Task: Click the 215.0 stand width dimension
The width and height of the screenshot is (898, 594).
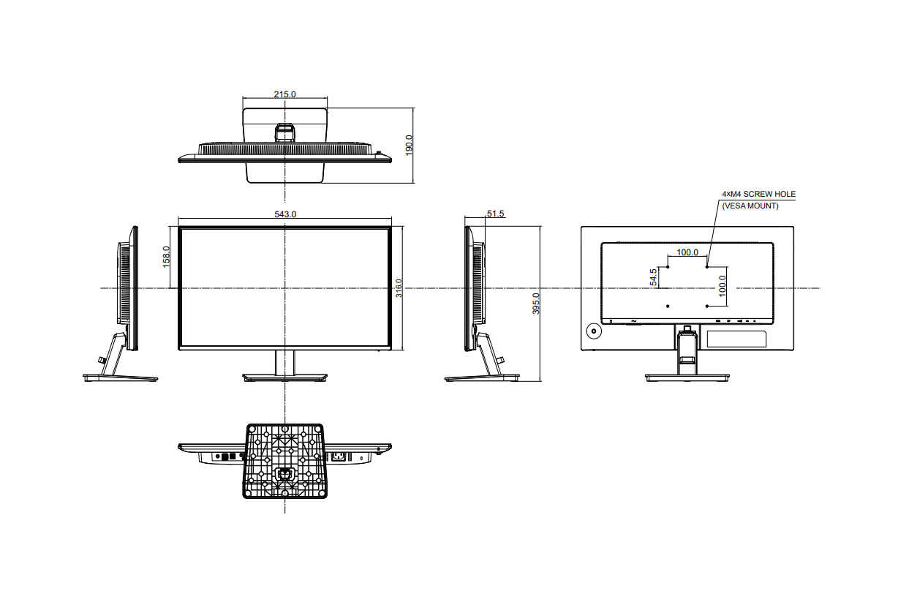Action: tap(284, 94)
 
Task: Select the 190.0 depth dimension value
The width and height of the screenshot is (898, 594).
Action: tap(409, 145)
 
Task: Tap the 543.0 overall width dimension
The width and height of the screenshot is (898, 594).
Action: tap(285, 214)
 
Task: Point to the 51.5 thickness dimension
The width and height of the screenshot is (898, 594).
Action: tap(495, 214)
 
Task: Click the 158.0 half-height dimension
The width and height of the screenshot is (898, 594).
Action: tap(166, 257)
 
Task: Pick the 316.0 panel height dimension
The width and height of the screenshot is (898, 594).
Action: tap(399, 288)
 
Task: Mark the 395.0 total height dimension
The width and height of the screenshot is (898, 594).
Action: tap(536, 304)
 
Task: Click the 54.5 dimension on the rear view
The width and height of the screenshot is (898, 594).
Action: tap(653, 277)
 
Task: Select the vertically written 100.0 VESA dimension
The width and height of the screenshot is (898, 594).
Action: tap(722, 286)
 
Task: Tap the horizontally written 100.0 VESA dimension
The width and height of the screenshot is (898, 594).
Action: tap(687, 252)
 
